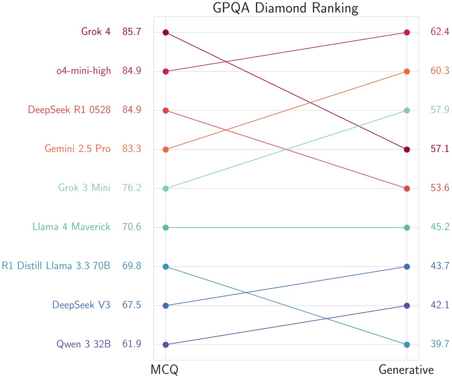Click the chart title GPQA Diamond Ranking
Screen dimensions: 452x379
pyautogui.click(x=286, y=8)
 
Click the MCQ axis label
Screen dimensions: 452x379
pyautogui.click(x=164, y=370)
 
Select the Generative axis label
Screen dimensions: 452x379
pyautogui.click(x=406, y=370)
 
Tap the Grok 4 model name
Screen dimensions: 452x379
pyautogui.click(x=96, y=31)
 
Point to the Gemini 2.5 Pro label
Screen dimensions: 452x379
pyautogui.click(x=78, y=148)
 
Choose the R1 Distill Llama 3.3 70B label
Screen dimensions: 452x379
pyautogui.click(x=56, y=266)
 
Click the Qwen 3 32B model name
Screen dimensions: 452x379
pyautogui.click(x=84, y=344)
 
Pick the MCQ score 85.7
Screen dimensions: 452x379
pyautogui.click(x=131, y=31)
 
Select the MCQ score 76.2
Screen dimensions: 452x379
pyautogui.click(x=131, y=188)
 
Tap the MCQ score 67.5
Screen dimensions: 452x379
pyautogui.click(x=131, y=305)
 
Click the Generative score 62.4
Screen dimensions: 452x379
pyautogui.click(x=440, y=31)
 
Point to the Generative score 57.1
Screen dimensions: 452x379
pyautogui.click(x=440, y=148)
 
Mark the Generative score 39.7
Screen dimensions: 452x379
pyautogui.click(x=440, y=344)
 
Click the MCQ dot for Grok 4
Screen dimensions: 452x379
pyautogui.click(x=166, y=32)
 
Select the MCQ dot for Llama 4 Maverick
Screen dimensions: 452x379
pyautogui.click(x=166, y=228)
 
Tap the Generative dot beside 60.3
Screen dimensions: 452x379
pyautogui.click(x=407, y=72)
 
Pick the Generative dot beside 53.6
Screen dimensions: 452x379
pyautogui.click(x=407, y=189)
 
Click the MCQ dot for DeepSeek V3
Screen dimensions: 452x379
pyautogui.click(x=166, y=306)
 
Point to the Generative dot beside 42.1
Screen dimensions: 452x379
pyautogui.click(x=407, y=306)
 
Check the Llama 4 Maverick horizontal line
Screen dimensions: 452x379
pyautogui.click(x=286, y=228)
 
